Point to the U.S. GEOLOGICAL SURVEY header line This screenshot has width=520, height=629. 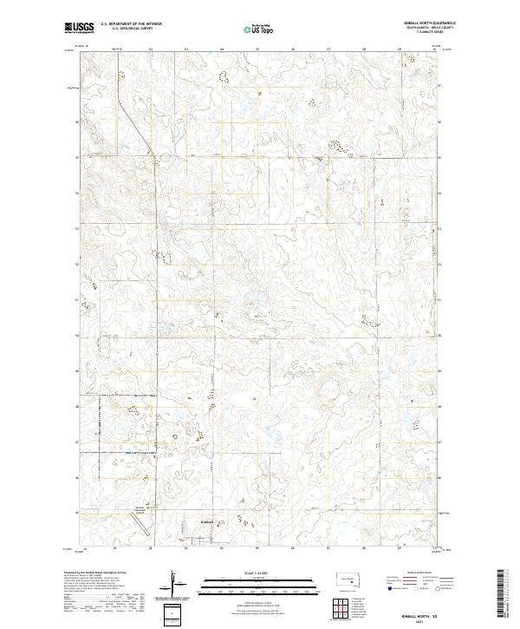127,29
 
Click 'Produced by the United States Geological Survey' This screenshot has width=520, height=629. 95,573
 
